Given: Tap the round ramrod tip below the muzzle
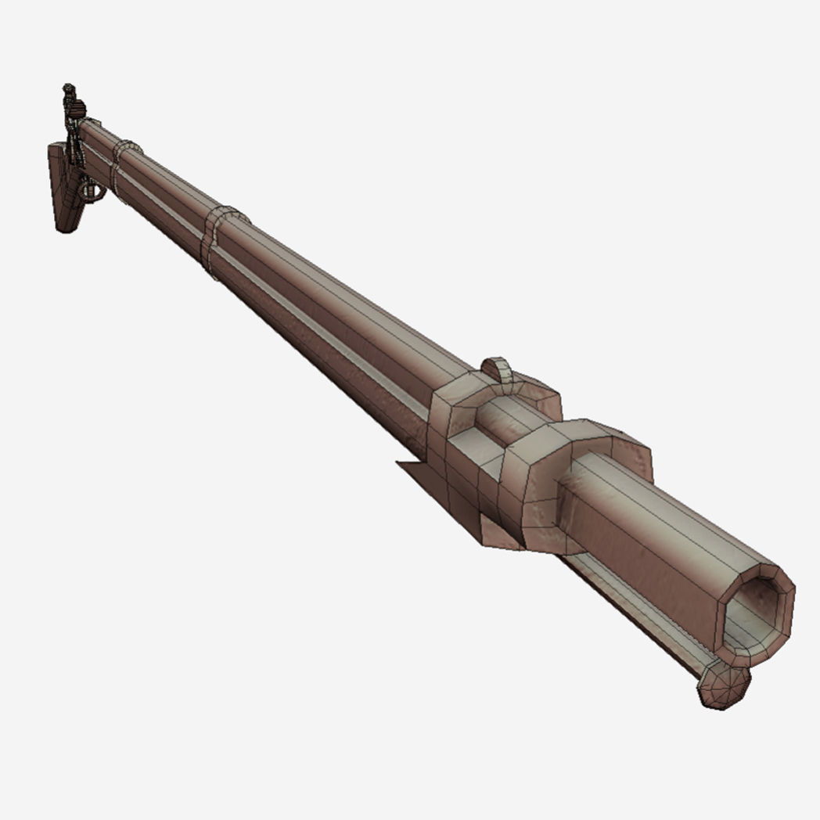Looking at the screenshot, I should [x=724, y=687].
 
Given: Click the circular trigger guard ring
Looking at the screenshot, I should [x=92, y=191].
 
